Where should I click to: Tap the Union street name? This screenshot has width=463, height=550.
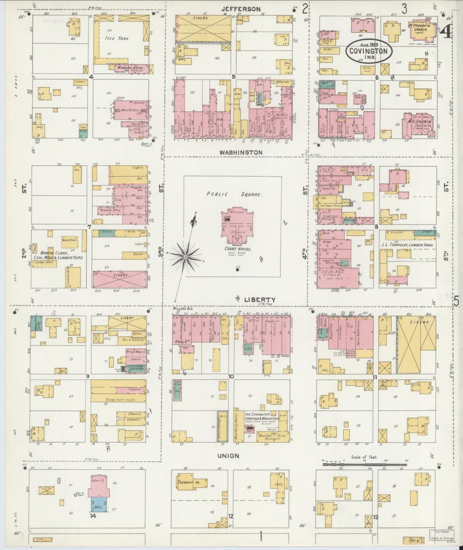[x=228, y=456]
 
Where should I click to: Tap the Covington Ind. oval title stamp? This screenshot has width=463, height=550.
[x=371, y=51]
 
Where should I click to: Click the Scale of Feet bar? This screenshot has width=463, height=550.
[x=365, y=464]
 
